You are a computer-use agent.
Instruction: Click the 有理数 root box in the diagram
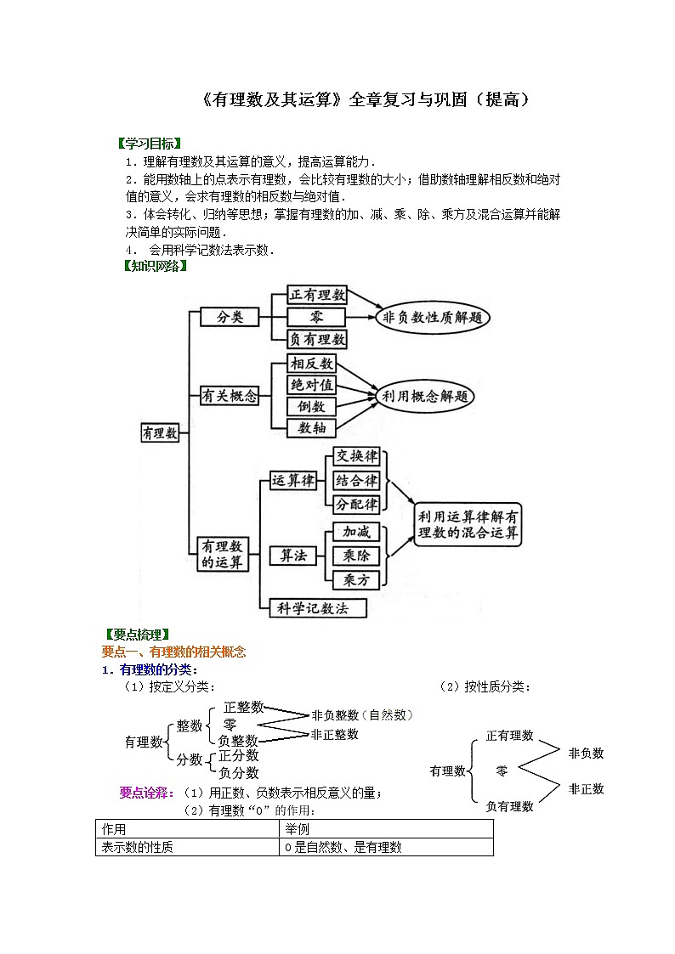160,432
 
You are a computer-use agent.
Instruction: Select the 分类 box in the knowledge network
230,317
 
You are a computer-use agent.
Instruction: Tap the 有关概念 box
230,396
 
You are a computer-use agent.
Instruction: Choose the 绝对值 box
311,385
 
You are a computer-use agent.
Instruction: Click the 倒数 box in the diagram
311,407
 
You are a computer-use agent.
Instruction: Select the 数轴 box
311,428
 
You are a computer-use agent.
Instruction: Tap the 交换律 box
356,456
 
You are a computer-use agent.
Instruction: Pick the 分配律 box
356,504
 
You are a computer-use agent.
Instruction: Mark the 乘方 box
356,580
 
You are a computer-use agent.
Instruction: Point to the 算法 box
292,556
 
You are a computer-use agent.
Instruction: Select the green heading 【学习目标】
151,143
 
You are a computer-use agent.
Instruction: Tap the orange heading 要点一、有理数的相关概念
173,652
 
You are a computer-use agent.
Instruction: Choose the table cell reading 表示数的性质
138,847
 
